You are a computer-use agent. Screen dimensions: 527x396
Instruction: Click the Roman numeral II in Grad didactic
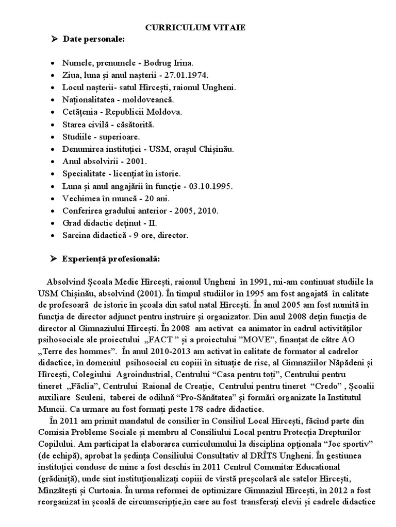pyautogui.click(x=153, y=223)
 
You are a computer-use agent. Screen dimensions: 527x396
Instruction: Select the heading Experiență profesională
pyautogui.click(x=111, y=258)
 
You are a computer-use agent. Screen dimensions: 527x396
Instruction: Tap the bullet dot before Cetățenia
pyautogui.click(x=55, y=112)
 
